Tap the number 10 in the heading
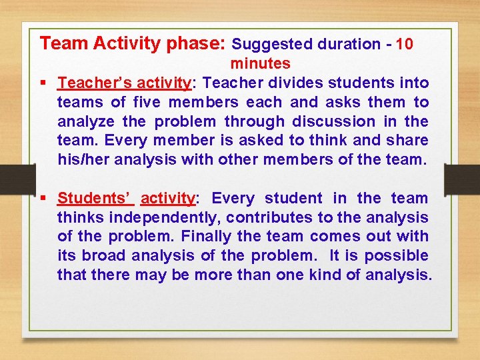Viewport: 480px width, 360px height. tap(404, 45)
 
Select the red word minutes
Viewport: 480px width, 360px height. tap(260, 64)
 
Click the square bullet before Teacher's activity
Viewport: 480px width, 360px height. tap(43, 83)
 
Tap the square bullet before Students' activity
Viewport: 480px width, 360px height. tap(43, 199)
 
